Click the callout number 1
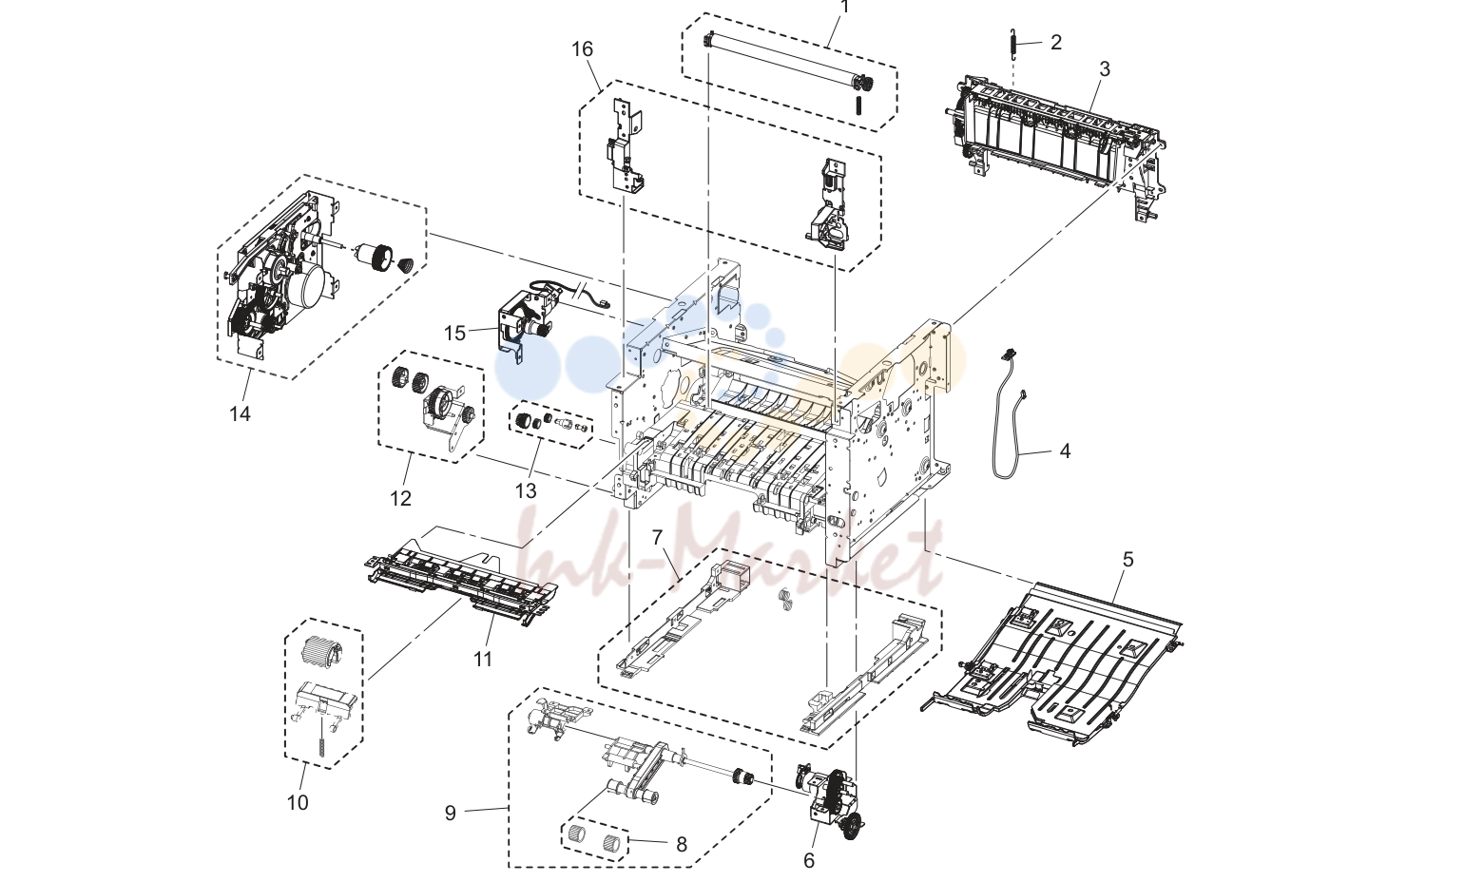pos(845,7)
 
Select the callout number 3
pos(1104,68)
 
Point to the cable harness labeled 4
pos(1007,418)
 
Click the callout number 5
pos(1128,560)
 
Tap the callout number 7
pos(657,537)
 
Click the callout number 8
pos(682,845)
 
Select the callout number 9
pos(450,813)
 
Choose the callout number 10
pos(298,802)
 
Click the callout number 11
pos(482,659)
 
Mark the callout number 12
pos(400,499)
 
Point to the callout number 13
pos(525,490)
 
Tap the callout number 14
pos(240,413)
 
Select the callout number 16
pos(582,49)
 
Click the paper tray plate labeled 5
pos(1053,663)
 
